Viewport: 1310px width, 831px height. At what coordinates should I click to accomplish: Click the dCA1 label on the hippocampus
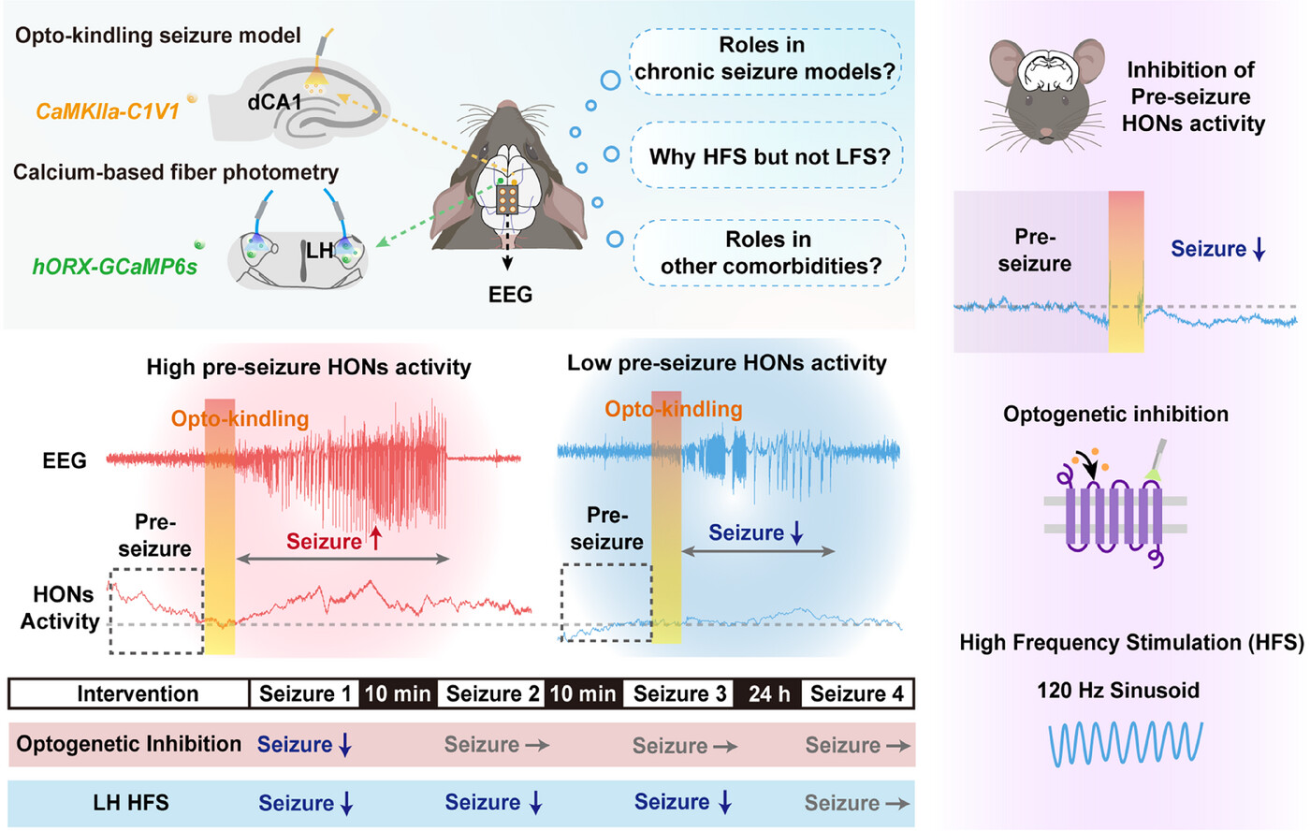(274, 102)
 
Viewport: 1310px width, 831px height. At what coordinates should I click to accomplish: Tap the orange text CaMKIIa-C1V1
(107, 111)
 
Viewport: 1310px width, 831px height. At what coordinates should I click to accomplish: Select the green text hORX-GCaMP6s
(114, 267)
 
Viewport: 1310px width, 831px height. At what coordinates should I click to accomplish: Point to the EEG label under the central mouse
(510, 294)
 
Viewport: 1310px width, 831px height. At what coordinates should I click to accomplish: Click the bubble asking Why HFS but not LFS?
(766, 155)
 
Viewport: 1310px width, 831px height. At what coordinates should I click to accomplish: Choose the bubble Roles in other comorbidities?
(769, 253)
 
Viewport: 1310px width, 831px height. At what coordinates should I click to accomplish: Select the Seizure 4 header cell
(857, 693)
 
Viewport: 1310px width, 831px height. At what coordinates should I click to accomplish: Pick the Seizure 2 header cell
(492, 693)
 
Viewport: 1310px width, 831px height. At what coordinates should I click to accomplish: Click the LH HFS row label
(131, 802)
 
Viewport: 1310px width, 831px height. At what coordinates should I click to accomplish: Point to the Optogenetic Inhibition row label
(129, 744)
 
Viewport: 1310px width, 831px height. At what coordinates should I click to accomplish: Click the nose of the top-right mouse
(1046, 133)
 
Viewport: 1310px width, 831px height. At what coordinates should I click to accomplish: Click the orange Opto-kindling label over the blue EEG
(673, 409)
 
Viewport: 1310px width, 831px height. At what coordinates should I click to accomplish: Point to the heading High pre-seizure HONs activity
(309, 367)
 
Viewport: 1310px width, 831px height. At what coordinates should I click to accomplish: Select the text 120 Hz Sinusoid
(1118, 690)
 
